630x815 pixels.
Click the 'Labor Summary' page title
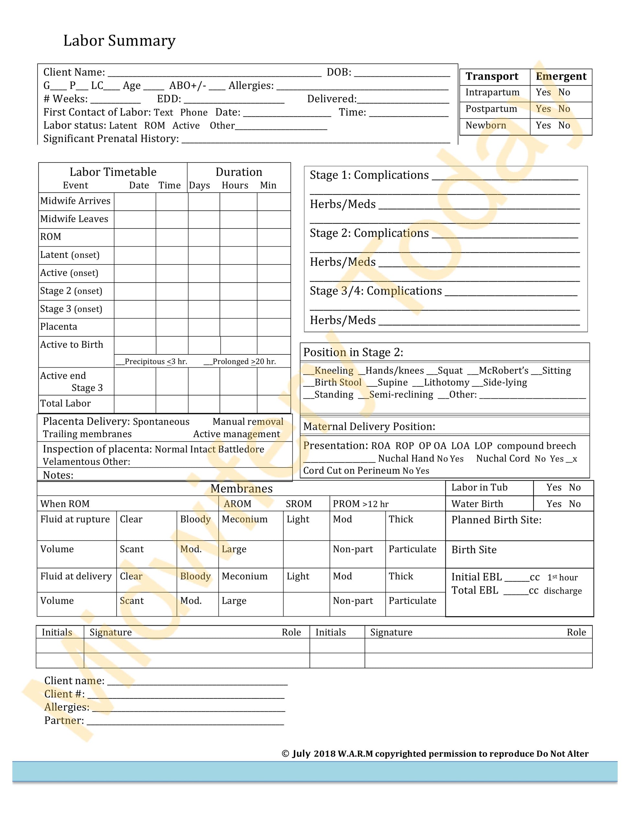pos(119,40)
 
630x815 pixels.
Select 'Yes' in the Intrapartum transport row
pos(543,92)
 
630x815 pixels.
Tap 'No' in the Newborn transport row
pos(564,125)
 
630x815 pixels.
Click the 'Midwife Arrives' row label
pos(75,201)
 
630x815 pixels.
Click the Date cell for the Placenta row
pos(135,327)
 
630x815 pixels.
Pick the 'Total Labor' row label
pos(65,403)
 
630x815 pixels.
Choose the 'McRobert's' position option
pos(503,371)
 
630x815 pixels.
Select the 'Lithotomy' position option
pos(446,383)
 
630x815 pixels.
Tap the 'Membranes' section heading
pos(242,488)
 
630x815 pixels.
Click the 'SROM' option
pos(298,504)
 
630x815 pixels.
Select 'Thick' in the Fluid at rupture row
pos(401,519)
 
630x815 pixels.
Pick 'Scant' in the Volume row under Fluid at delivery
pos(131,600)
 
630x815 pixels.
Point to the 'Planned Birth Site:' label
pos(496,520)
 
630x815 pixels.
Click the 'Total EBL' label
pos(475,590)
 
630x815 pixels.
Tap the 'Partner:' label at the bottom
pos(64,720)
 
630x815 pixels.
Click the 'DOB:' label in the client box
pos(339,72)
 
